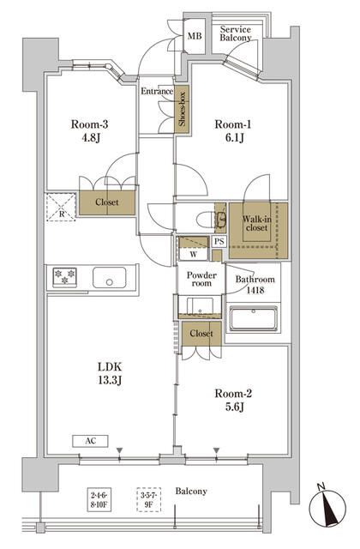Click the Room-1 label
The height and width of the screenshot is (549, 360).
coord(232,124)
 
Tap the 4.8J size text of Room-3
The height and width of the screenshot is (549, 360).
coord(91,137)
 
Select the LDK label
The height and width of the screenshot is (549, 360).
coord(110,367)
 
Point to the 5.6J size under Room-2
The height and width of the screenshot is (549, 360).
coord(234,407)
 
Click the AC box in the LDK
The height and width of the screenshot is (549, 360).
coord(90,441)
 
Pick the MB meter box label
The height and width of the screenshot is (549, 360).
coord(195,36)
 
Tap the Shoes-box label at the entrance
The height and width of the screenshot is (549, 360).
coord(182,109)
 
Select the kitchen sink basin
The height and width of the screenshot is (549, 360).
coord(109,278)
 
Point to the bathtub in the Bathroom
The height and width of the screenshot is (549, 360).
coord(254,318)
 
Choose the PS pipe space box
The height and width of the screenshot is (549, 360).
coord(219,242)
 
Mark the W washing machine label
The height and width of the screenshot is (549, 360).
coord(194,255)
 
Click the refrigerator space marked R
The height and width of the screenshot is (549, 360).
coord(61,207)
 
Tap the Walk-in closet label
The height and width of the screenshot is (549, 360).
coord(257,223)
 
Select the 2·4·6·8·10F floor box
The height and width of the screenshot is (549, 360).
coord(99,499)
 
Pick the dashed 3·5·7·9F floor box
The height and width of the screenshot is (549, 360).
coord(148,499)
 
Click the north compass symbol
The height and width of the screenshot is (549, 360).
coord(327,506)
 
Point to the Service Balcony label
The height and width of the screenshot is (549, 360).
coord(236,33)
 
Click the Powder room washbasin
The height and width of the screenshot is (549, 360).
coord(200,306)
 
